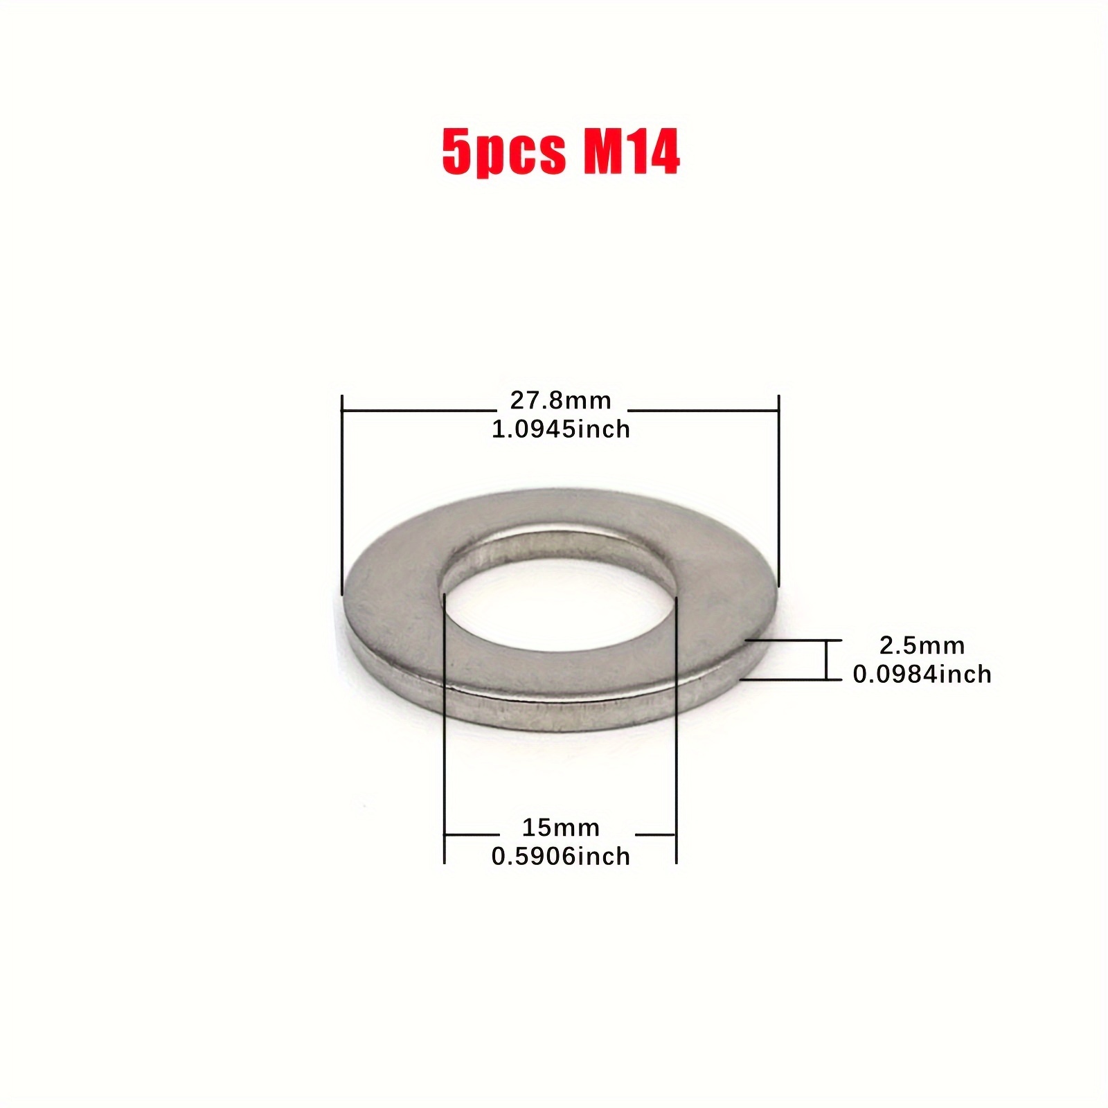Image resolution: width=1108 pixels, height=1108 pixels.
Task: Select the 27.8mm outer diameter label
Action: [561, 400]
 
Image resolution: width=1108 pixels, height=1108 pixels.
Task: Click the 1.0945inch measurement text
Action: [561, 429]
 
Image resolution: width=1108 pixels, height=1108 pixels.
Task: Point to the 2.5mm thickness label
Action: [922, 645]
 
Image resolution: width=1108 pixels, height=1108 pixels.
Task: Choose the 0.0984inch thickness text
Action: [922, 674]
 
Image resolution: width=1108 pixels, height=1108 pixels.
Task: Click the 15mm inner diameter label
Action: [561, 828]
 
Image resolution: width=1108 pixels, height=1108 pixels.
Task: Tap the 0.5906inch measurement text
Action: [561, 857]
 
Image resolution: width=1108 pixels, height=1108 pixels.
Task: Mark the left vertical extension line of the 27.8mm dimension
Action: [342, 494]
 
